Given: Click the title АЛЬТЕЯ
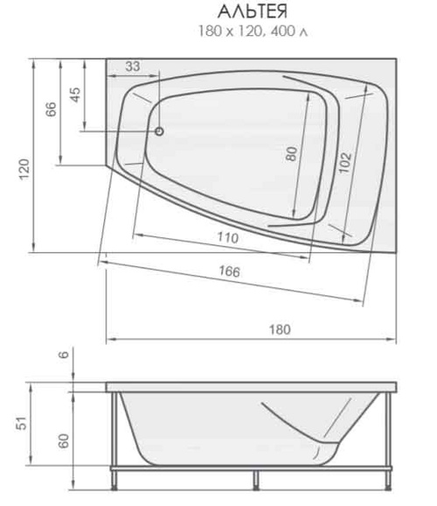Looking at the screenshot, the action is [x=253, y=12].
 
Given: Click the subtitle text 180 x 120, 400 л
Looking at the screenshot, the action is [x=253, y=32].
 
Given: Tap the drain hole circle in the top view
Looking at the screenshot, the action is [x=159, y=131].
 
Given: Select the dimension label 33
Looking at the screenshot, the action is [x=133, y=67].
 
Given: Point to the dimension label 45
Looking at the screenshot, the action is [x=75, y=95].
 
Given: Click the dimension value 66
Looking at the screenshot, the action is [x=51, y=109].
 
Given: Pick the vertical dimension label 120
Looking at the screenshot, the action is [x=24, y=170].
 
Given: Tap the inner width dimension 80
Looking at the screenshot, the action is [x=291, y=153].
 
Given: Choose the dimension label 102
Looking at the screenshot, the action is [x=344, y=162].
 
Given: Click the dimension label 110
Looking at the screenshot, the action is [x=228, y=237].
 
